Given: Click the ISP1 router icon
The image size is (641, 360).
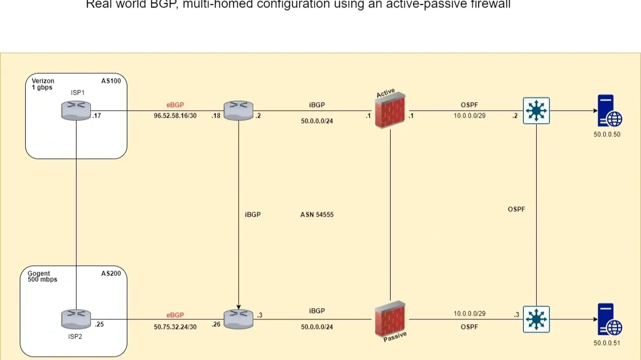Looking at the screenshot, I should click(76, 111).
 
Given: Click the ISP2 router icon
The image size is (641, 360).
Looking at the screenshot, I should click(76, 319).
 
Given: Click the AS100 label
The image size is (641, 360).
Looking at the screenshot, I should click(111, 81).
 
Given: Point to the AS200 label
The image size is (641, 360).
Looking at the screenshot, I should click(111, 273).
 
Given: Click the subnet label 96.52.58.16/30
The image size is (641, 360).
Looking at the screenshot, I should click(175, 116).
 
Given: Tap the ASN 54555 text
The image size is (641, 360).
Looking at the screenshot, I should click(317, 215).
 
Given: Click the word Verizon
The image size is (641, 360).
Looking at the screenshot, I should click(43, 81).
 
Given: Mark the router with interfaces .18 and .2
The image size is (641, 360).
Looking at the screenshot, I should click(238, 111).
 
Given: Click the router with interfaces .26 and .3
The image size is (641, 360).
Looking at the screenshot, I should click(238, 319).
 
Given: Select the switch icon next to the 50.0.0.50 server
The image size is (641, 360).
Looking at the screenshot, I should click(537, 111).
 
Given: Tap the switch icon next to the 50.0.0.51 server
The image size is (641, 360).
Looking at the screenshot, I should click(537, 319).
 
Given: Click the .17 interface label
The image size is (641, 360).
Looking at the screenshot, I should click(96, 115).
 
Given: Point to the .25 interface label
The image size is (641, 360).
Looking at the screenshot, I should click(99, 324).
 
